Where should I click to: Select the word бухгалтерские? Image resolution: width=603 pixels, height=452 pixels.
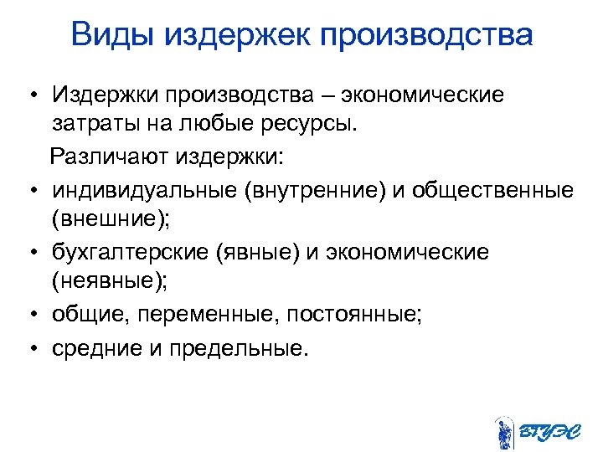tap(130, 252)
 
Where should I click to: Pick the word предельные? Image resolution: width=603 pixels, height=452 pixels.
tap(229, 347)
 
